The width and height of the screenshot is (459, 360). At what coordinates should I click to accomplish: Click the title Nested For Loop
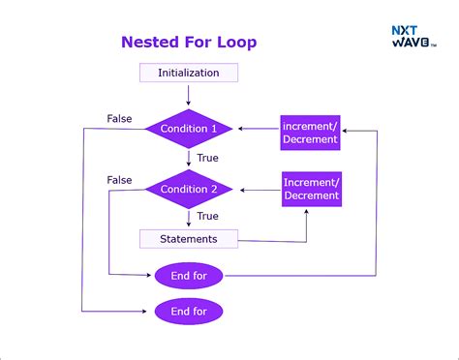[189, 42]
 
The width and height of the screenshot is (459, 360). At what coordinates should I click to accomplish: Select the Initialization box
[189, 73]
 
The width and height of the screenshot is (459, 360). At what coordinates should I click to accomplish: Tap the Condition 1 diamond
[189, 129]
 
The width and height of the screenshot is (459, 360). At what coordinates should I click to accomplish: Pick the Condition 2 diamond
[189, 189]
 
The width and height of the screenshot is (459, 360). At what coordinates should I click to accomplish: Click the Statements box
[189, 238]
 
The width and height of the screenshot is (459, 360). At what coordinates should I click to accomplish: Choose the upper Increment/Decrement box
[311, 132]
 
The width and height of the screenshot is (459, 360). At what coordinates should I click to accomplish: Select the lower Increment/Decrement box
[312, 188]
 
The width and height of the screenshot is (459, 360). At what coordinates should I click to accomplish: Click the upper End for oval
[189, 276]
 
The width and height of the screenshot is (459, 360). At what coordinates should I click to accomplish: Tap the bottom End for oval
[189, 311]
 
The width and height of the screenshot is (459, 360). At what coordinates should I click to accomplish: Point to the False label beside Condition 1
[120, 118]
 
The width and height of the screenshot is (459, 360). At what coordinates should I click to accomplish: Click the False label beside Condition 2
[120, 179]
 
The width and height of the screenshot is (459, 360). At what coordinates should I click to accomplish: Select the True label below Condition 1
[207, 158]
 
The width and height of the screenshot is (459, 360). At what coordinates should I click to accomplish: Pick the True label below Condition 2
[207, 216]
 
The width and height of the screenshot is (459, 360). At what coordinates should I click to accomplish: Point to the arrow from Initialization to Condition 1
[189, 95]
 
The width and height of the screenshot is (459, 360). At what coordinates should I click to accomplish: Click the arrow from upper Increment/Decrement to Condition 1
[259, 129]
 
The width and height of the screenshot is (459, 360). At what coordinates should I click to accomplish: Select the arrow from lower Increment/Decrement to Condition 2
[259, 189]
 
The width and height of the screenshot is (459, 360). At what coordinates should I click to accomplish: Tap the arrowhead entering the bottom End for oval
[150, 311]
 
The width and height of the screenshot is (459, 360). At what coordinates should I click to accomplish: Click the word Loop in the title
[237, 42]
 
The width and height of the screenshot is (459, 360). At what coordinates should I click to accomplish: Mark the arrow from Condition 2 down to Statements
[189, 218]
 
